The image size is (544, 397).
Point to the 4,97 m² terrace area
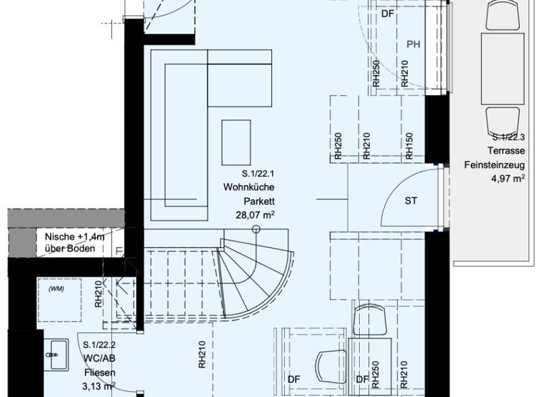click(508, 179)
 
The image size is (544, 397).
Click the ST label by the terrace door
click(411, 201)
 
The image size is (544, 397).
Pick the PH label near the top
click(414, 45)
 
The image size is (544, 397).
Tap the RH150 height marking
click(409, 145)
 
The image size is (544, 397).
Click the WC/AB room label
click(97, 357)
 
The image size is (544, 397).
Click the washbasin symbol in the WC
click(55, 352)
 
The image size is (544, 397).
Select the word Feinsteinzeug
click(494, 164)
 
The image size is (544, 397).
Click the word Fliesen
click(98, 371)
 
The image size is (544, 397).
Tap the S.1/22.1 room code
click(256, 174)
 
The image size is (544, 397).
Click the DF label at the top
click(387, 13)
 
